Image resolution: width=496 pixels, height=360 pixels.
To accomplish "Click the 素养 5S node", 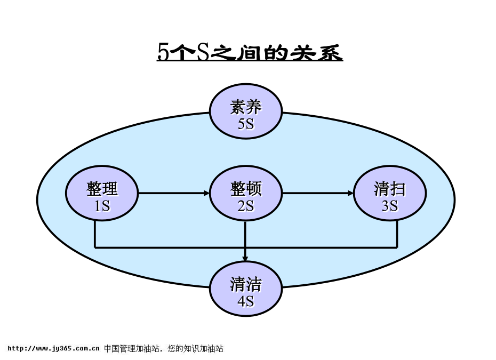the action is coord(246,111).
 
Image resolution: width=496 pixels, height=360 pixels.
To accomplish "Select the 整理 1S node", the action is coord(102,193).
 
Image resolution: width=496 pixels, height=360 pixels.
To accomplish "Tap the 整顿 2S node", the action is coord(246,193).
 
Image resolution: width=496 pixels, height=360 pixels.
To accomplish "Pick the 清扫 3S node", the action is coord(390,193).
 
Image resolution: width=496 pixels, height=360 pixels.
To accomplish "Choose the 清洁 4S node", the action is coord(246,289).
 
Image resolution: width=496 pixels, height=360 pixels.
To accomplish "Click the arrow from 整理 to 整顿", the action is coord(174,193).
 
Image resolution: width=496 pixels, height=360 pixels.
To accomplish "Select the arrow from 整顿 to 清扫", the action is coord(318,193).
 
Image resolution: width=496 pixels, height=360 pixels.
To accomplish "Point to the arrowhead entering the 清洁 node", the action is coord(245,258).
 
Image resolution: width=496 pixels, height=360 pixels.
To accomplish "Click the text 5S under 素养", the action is coord(246,124).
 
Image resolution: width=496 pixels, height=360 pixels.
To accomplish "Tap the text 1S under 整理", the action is coord(102,206).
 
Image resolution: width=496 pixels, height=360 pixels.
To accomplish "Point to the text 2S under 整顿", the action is coord(246,206).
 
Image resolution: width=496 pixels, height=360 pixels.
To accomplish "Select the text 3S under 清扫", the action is coord(390,206).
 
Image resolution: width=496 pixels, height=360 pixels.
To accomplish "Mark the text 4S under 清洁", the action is coord(246,301).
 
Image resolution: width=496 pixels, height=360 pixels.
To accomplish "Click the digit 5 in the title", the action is coord(162,52).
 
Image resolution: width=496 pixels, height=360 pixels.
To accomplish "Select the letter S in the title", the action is coord(203,52).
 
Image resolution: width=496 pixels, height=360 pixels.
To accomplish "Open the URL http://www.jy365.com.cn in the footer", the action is coord(53,349).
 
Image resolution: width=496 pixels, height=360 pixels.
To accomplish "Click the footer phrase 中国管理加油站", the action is coord(131,349).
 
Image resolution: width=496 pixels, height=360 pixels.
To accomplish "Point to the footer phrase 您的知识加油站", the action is coord(196,349).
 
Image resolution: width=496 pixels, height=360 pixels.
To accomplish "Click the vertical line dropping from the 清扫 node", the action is coord(397,234).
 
